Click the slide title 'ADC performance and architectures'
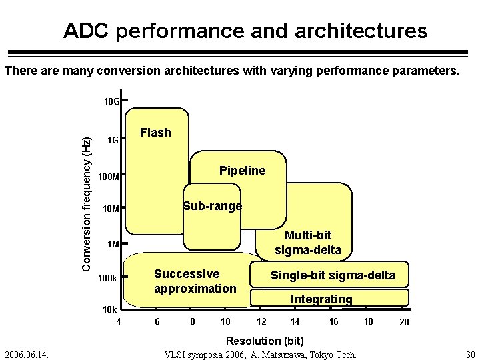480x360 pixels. pyautogui.click(x=245, y=31)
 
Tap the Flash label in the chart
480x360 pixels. pyautogui.click(x=155, y=133)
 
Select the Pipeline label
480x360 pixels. pyautogui.click(x=242, y=171)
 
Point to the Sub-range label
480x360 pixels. pyautogui.click(x=213, y=206)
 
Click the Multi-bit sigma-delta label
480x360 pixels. pyautogui.click(x=307, y=243)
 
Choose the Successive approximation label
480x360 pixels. pyautogui.click(x=195, y=281)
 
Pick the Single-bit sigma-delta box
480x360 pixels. pyautogui.click(x=332, y=275)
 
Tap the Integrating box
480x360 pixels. pyautogui.click(x=321, y=299)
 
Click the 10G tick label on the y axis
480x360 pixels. pyautogui.click(x=111, y=102)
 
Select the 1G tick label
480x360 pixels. pyautogui.click(x=113, y=141)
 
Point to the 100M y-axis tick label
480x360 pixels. pyautogui.click(x=108, y=177)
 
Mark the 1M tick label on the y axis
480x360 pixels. pyautogui.click(x=113, y=244)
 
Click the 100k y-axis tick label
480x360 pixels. pyautogui.click(x=108, y=277)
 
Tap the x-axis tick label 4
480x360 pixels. pyautogui.click(x=118, y=322)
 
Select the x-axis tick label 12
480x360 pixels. pyautogui.click(x=261, y=322)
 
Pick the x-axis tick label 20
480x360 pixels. pyautogui.click(x=404, y=323)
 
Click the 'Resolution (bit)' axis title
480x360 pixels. pyautogui.click(x=265, y=340)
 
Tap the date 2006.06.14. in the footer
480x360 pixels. pyautogui.click(x=29, y=353)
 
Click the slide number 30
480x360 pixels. pyautogui.click(x=470, y=353)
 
